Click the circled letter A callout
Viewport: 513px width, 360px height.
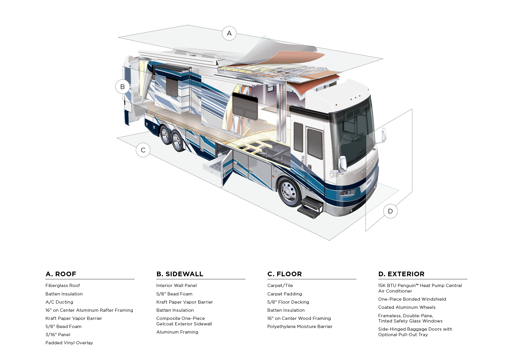point(229,33)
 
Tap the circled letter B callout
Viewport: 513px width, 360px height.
point(123,87)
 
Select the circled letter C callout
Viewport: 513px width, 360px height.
point(143,150)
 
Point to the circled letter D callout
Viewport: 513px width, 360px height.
point(390,211)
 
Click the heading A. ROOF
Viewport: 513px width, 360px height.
point(61,274)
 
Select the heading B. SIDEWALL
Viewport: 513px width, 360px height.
point(180,274)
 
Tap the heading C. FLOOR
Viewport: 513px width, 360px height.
point(284,274)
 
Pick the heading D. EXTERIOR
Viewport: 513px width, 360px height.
point(401,274)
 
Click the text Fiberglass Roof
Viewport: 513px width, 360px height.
point(63,286)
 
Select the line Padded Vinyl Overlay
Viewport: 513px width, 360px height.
point(69,343)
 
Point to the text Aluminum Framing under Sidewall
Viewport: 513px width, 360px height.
point(177,332)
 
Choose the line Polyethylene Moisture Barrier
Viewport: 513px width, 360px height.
point(300,327)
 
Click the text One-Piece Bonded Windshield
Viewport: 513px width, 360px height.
point(412,299)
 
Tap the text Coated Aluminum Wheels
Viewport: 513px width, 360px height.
point(407,307)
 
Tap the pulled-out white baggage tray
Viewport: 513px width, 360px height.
point(212,168)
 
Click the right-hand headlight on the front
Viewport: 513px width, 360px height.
point(347,193)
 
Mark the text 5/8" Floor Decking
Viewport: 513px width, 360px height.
point(288,302)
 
